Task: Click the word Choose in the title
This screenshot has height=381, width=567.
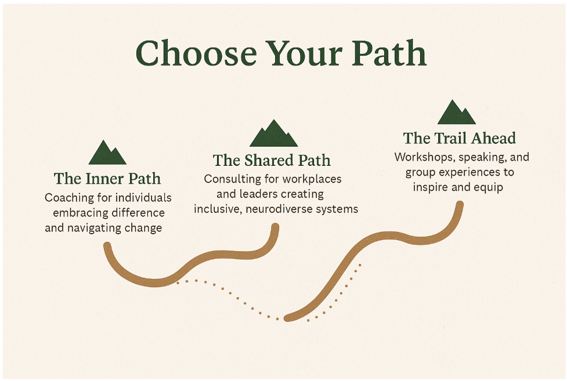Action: [196, 53]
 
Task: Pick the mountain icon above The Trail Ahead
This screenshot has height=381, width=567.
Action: [456, 112]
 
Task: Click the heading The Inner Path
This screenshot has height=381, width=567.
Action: [107, 179]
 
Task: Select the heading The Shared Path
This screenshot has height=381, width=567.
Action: [272, 160]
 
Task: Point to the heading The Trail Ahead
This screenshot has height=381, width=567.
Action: [459, 138]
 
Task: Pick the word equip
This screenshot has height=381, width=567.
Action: [489, 188]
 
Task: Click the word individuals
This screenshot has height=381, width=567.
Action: [146, 198]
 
